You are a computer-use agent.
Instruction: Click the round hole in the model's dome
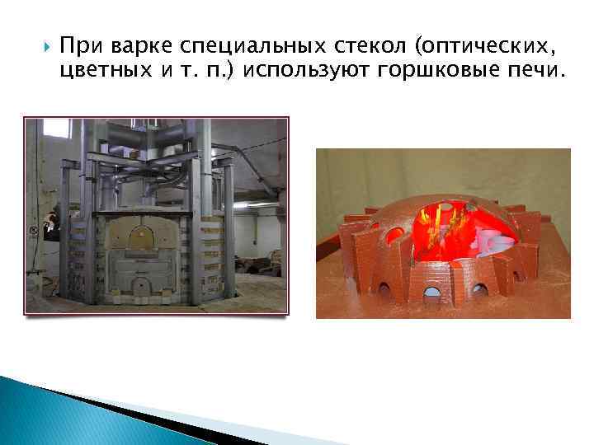click(x=395, y=234)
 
